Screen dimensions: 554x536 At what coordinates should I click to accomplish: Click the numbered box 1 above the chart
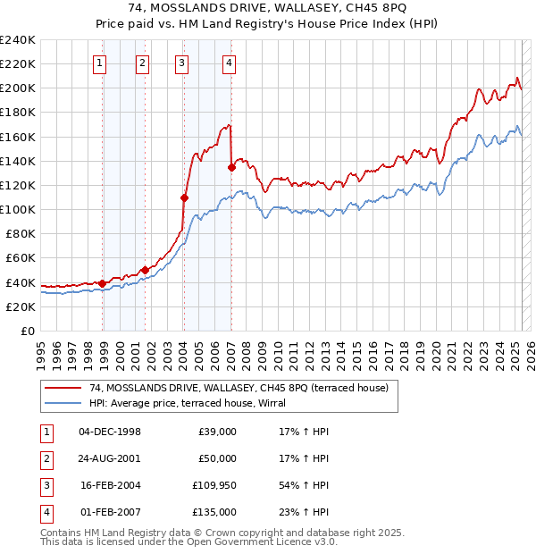click(98, 63)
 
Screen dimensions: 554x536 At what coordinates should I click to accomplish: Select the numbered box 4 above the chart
click(230, 63)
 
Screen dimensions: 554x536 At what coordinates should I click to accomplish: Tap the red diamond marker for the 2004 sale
click(184, 197)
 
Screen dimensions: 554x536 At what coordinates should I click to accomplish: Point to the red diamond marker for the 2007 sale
click(231, 167)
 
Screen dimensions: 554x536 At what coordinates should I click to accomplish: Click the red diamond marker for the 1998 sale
click(102, 283)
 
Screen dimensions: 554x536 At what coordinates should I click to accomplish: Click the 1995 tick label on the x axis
click(40, 349)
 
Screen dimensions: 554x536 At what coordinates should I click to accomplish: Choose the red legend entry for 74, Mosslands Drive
click(239, 388)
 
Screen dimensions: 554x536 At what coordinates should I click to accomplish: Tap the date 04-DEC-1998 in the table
click(110, 432)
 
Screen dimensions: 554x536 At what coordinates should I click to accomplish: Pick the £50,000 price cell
click(216, 458)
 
